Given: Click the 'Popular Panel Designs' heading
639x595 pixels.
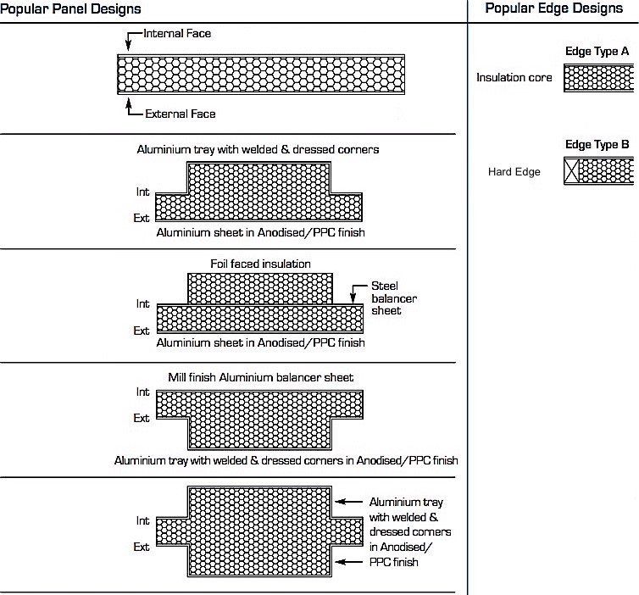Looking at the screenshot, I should [x=70, y=8].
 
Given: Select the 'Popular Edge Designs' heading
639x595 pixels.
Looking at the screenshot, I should [x=553, y=8].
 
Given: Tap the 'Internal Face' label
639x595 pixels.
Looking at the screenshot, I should [x=177, y=34].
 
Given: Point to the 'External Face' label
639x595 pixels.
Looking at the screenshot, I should [x=180, y=114].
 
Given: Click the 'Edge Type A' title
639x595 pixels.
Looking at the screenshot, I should [x=597, y=52].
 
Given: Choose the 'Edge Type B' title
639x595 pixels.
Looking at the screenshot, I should [x=597, y=145].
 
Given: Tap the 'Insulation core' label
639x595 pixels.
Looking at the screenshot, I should [x=514, y=78].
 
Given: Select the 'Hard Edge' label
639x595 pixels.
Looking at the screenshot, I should [x=514, y=172].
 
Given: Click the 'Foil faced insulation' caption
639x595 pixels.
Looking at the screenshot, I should [x=260, y=264].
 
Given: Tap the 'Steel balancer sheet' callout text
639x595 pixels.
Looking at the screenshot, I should [x=394, y=298].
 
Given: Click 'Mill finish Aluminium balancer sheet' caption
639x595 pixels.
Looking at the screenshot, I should [x=260, y=377].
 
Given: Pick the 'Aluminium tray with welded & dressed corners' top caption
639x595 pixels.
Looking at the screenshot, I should [x=258, y=149].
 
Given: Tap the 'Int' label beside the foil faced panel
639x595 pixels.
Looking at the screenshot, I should [x=142, y=303].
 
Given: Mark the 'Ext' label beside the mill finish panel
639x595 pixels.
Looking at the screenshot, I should [x=142, y=418].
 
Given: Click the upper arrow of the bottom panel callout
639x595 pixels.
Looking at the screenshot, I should [x=339, y=502].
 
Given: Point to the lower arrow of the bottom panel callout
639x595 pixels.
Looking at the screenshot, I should [x=339, y=562].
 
